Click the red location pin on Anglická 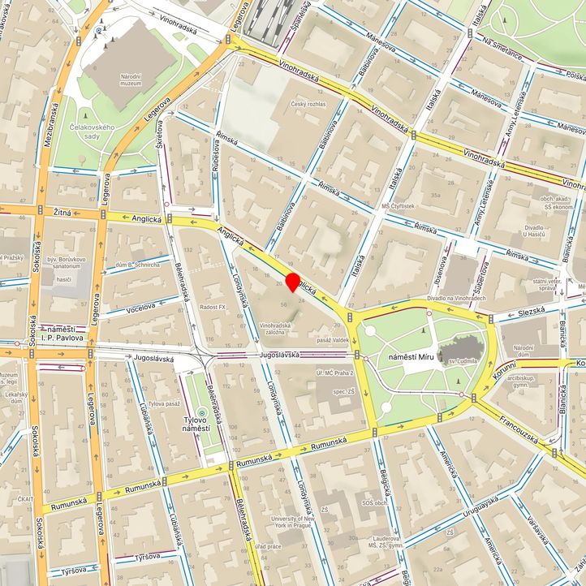click(x=292, y=282)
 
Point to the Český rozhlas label click(x=308, y=105)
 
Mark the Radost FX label click(x=212, y=308)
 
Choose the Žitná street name click(x=62, y=211)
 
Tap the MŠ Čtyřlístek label click(x=398, y=207)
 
